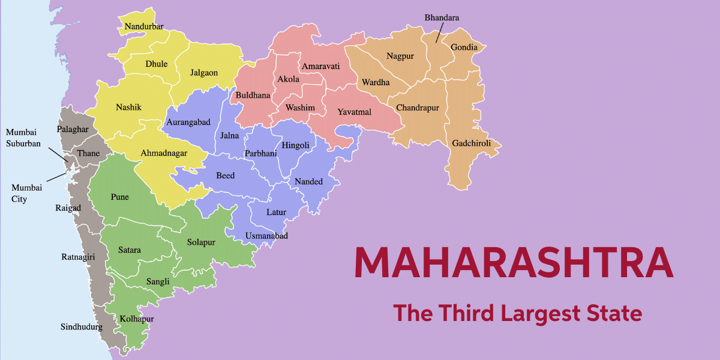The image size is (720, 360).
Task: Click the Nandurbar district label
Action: click(x=144, y=26)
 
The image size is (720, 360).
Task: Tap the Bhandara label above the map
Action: click(x=442, y=18)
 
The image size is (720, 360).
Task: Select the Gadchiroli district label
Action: click(x=472, y=143)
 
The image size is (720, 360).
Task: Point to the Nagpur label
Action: click(x=400, y=56)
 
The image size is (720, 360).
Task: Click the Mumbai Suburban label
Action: click(x=23, y=137)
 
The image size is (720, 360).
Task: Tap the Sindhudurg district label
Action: click(x=81, y=327)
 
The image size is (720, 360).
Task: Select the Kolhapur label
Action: click(x=137, y=318)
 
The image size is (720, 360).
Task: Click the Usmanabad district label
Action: click(x=266, y=236)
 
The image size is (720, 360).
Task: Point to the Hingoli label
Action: click(x=295, y=145)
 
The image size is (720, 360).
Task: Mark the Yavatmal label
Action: click(x=354, y=112)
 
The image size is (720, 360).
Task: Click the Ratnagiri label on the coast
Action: click(x=78, y=257)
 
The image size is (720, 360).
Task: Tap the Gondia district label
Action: click(x=464, y=47)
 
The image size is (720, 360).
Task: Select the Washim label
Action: click(x=300, y=108)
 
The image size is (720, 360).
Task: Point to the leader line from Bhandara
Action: click(x=439, y=35)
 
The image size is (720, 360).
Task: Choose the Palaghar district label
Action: click(x=73, y=129)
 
